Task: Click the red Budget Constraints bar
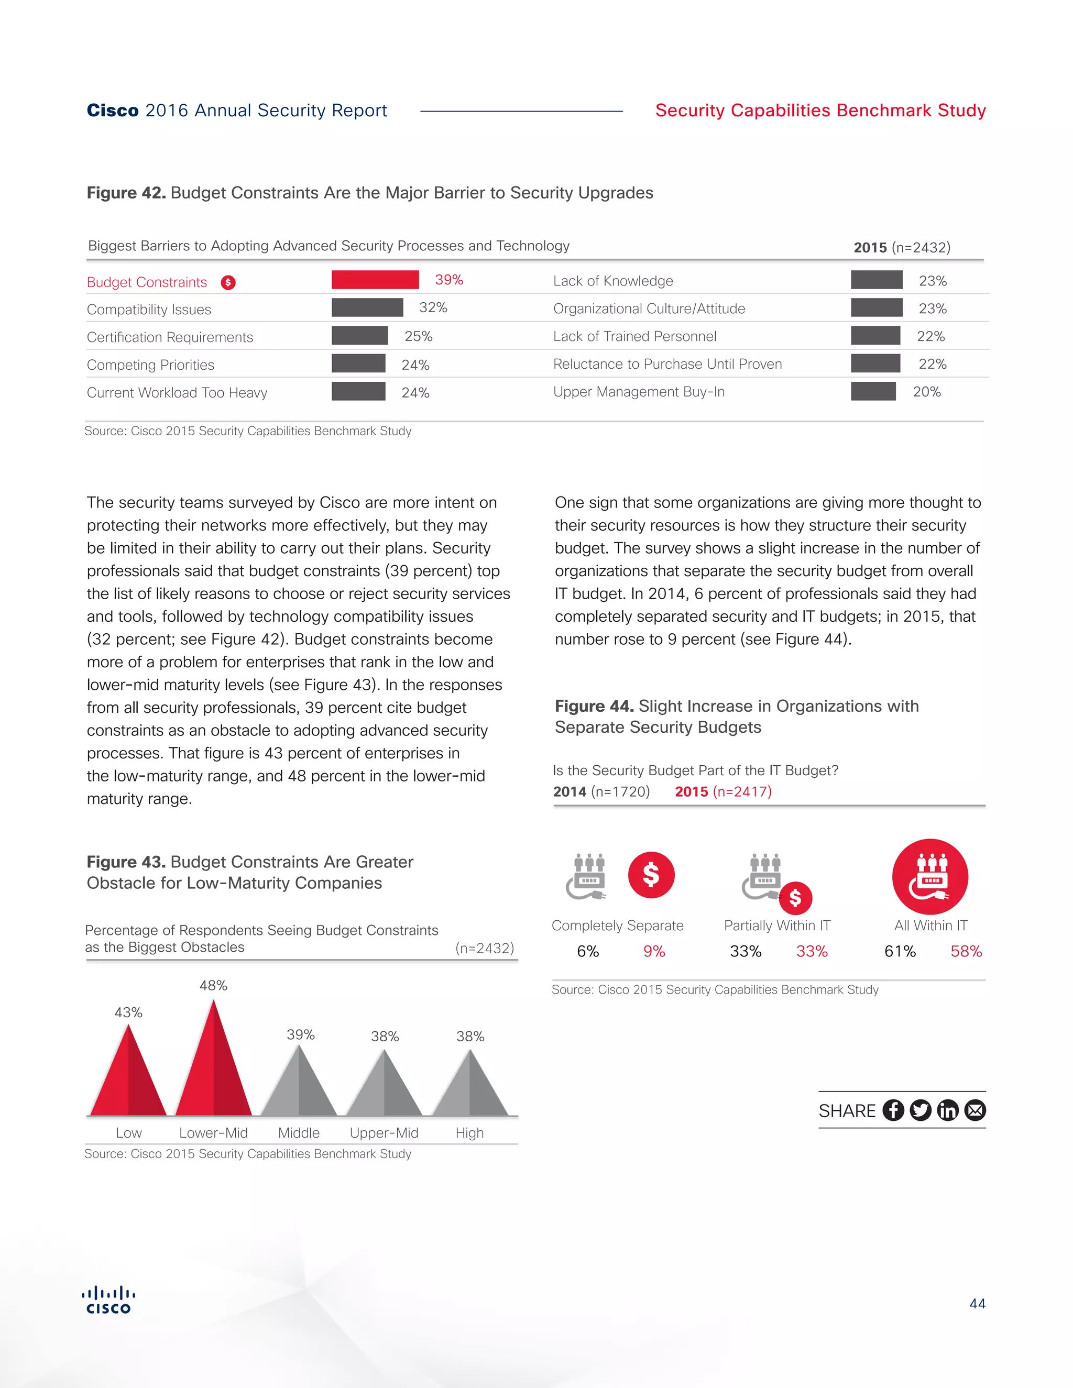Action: pyautogui.click(x=375, y=280)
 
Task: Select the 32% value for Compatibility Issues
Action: pyautogui.click(x=433, y=307)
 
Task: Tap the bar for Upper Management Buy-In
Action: pyautogui.click(x=873, y=391)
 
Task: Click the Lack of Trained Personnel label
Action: pyautogui.click(x=634, y=336)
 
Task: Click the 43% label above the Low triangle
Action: pyautogui.click(x=128, y=1012)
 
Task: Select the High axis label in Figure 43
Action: pyautogui.click(x=469, y=1132)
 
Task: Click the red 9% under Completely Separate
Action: pyautogui.click(x=654, y=951)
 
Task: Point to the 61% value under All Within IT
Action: pyautogui.click(x=900, y=951)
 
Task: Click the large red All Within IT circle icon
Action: pyautogui.click(x=930, y=877)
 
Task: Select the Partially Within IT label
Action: pyautogui.click(x=777, y=926)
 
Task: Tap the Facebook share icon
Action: pyautogui.click(x=893, y=1110)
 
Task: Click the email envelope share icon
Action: pyautogui.click(x=975, y=1110)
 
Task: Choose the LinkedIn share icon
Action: pyautogui.click(x=948, y=1110)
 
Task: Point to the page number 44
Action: pyautogui.click(x=977, y=1304)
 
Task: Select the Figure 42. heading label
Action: pyautogui.click(x=126, y=193)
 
